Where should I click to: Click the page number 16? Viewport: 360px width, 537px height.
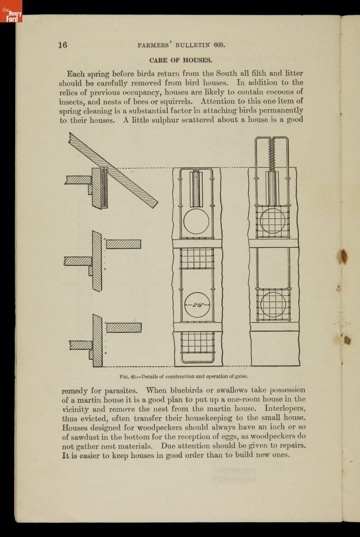pos(62,45)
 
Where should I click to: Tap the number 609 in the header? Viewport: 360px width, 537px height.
pos(218,45)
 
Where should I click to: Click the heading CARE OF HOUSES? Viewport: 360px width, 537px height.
pos(181,60)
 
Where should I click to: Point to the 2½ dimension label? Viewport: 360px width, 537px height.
pos(197,305)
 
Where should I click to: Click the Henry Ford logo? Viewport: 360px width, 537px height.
pos(11,11)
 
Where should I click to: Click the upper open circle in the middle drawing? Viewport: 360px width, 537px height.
pos(196,222)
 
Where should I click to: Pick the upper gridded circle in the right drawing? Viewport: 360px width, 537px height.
pos(272,221)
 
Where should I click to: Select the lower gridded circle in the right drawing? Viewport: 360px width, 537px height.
pos(272,304)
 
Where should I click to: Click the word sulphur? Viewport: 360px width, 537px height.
pos(170,120)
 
